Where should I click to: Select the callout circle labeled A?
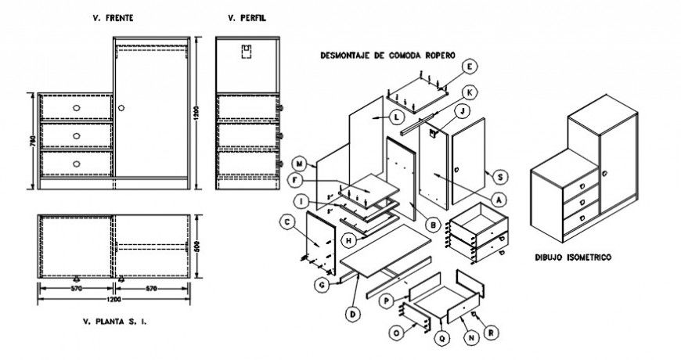(499, 199)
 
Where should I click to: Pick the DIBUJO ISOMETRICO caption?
(573, 256)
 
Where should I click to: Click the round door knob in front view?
(123, 106)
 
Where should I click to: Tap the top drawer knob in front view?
(77, 106)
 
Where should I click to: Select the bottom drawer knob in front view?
(77, 163)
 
